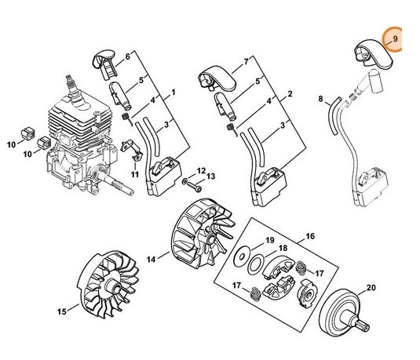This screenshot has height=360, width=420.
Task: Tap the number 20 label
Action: [x=371, y=288]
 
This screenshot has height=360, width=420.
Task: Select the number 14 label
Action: [x=151, y=259]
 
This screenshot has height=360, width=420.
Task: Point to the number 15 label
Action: [x=61, y=311]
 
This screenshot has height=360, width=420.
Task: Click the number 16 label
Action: [x=310, y=236]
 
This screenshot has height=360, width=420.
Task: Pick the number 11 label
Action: [x=135, y=175]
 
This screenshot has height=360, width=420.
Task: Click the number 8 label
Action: [x=320, y=99]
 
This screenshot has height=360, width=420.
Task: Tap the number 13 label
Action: [x=211, y=176]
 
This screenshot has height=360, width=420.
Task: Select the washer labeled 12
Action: [x=184, y=181]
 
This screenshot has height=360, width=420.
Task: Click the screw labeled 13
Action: [x=195, y=187]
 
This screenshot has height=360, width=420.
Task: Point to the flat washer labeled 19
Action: [x=242, y=257]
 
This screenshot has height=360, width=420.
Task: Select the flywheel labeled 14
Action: [x=203, y=234]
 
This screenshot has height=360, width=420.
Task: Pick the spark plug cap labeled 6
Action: [x=104, y=64]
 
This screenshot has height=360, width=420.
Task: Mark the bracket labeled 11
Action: [x=132, y=150]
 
